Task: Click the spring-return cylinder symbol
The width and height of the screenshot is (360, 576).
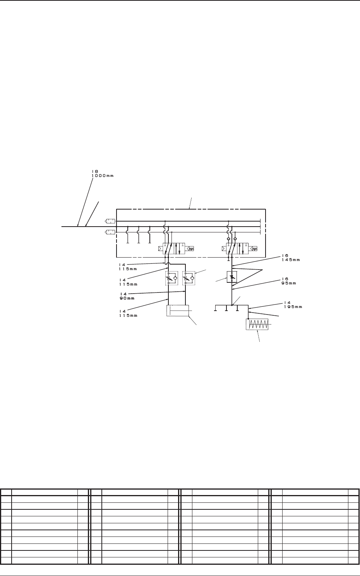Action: tap(257, 325)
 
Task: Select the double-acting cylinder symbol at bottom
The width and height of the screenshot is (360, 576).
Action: tap(177, 311)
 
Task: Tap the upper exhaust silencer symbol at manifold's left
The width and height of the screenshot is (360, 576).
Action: tap(110, 221)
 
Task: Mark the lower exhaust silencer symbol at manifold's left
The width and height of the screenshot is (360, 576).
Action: tap(110, 232)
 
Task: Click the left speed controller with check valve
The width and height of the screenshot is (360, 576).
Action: tap(171, 278)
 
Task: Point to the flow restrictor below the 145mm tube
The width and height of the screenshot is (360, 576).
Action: tap(231, 277)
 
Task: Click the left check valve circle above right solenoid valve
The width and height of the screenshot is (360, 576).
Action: tap(228, 239)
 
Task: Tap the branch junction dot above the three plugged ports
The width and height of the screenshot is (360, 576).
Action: tap(231, 305)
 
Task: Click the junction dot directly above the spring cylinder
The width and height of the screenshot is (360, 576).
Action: tap(248, 319)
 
